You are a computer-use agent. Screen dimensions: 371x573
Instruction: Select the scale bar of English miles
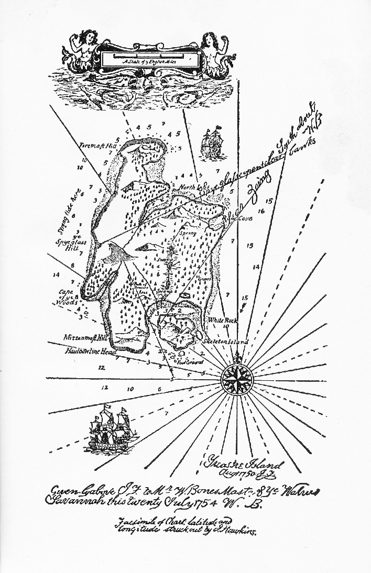coord(149,56)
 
